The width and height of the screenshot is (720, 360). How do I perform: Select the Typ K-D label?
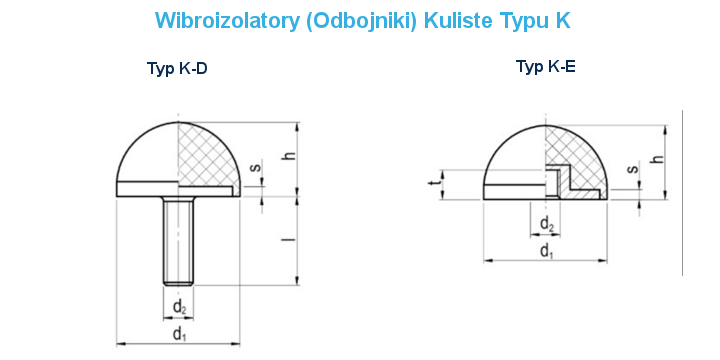pyautogui.click(x=177, y=68)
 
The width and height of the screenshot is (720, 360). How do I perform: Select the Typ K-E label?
pyautogui.click(x=545, y=66)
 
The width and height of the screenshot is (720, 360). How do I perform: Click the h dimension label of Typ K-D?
pyautogui.click(x=288, y=157)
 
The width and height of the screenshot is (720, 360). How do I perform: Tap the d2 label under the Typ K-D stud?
pyautogui.click(x=178, y=304)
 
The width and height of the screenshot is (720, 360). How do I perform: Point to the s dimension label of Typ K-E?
pyautogui.click(x=632, y=170)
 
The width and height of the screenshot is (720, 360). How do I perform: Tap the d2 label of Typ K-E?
pyautogui.click(x=546, y=223)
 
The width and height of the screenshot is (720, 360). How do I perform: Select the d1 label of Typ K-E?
pyautogui.click(x=546, y=250)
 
